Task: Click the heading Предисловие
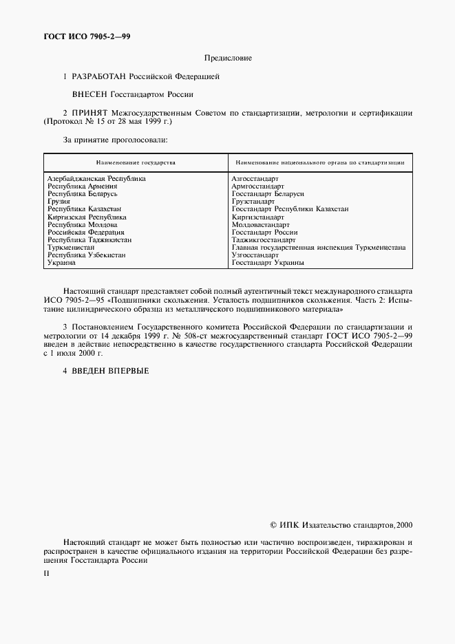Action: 227,58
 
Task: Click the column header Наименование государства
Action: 136,163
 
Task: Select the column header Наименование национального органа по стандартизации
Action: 319,163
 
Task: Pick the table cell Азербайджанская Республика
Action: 96,179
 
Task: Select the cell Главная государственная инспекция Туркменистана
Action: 319,247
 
